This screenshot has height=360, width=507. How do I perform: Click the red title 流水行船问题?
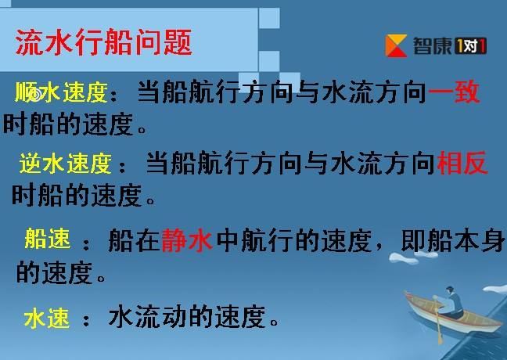coord(104,42)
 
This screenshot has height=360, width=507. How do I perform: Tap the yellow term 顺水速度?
coord(61,92)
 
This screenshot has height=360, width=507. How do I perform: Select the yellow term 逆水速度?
coord(66,164)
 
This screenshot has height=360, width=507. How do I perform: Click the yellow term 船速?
coord(48,239)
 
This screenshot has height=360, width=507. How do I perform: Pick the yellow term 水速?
coord(47,319)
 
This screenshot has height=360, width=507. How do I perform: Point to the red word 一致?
coord(454,92)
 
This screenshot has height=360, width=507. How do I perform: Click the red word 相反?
coord(462,163)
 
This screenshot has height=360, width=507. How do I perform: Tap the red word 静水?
coord(187,240)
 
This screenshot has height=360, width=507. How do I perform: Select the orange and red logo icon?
coord(396,46)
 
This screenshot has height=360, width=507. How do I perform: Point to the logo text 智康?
coord(432,46)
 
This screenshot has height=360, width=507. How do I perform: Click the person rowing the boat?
coord(453,302)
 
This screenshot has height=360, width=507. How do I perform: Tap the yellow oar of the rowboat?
coord(437,320)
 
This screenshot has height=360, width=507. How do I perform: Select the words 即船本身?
coord(453,240)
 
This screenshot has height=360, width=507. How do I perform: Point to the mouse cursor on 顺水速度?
coord(37,95)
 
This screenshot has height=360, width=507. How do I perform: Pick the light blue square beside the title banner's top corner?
coord(269,18)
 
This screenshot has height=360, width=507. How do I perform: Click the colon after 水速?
coord(86,320)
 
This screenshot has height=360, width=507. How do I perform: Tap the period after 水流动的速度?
coord(274,322)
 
